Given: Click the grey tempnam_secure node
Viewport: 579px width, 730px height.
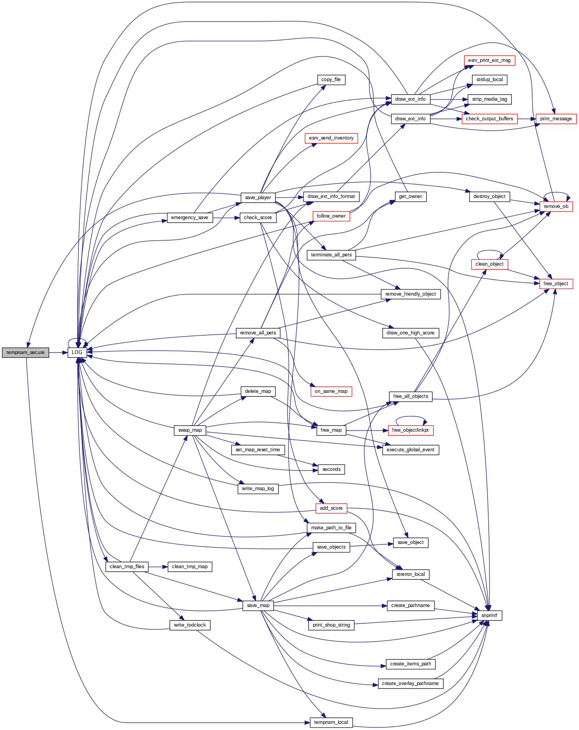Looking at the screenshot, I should pos(25,353).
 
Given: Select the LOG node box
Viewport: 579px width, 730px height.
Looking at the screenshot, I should pos(77,353).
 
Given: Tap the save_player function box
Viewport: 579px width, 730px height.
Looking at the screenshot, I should pos(258,198).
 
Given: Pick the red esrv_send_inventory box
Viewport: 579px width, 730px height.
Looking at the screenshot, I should pos(331,138).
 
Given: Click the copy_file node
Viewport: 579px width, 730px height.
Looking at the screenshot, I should pos(331,80).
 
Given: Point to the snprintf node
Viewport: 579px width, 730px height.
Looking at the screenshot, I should pos(489,615).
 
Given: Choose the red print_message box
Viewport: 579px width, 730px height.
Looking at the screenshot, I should pos(556,119).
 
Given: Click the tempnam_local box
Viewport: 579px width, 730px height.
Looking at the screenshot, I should pos(331,722).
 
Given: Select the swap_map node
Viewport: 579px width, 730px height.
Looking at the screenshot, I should pos(190,430).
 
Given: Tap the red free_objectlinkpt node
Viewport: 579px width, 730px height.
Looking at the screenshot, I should pos(410,430).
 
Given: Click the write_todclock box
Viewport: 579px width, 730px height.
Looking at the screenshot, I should pos(190,625).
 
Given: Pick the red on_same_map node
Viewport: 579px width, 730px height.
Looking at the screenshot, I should pos(331,391).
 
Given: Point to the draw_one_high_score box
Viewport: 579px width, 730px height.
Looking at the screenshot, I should pos(410,333).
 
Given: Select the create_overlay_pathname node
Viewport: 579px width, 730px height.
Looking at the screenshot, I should pos(410,683).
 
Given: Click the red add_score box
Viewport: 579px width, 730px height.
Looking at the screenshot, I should pos(331,508).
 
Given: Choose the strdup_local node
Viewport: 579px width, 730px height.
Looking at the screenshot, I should pos(489,80).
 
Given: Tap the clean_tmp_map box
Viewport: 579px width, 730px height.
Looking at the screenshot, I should pos(190,567).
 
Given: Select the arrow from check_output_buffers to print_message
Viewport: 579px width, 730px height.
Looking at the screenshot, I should pos(527,119).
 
